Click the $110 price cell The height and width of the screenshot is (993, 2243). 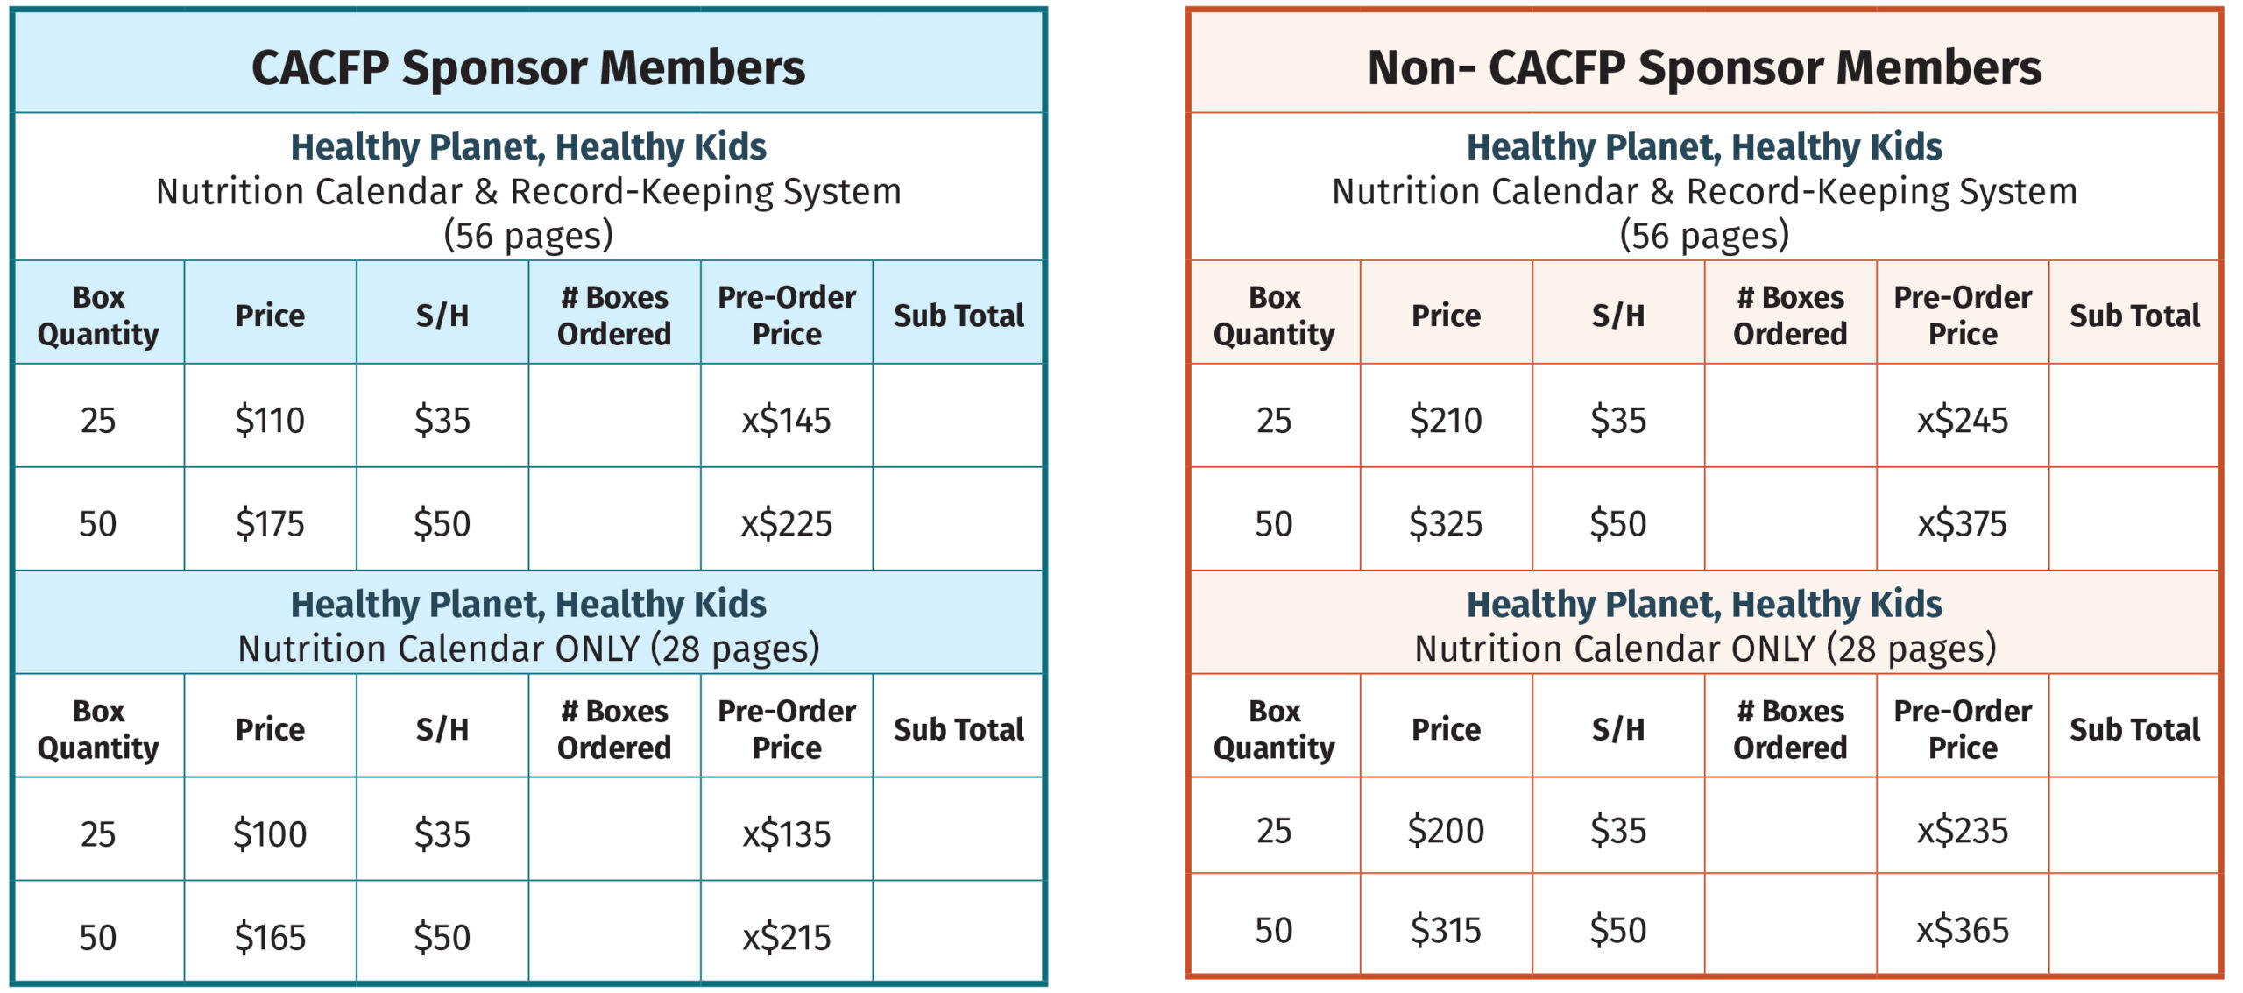click(x=270, y=421)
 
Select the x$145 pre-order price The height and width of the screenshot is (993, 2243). click(x=786, y=421)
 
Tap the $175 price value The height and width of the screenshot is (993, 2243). click(x=270, y=524)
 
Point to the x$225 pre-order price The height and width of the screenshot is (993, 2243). click(x=786, y=524)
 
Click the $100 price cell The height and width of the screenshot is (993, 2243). click(x=270, y=833)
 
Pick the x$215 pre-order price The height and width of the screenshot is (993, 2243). click(x=786, y=938)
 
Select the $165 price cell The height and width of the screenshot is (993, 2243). click(x=270, y=938)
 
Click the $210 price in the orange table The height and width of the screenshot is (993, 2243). click(x=1446, y=421)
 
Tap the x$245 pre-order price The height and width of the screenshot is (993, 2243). click(x=1962, y=421)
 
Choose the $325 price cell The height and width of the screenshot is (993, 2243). click(x=1446, y=524)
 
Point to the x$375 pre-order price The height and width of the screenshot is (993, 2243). click(x=1962, y=524)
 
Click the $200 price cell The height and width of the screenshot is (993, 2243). click(x=1446, y=830)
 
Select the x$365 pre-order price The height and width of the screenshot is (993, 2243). click(x=1962, y=930)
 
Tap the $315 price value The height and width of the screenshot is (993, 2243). click(x=1446, y=930)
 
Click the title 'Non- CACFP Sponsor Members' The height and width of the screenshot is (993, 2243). click(x=1704, y=67)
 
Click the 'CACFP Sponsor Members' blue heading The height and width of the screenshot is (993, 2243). click(x=528, y=67)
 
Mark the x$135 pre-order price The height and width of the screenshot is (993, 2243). click(x=786, y=833)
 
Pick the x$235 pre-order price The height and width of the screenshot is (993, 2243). click(x=1962, y=830)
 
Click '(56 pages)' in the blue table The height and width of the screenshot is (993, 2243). click(x=528, y=236)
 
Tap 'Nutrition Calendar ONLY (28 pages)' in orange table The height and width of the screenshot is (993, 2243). click(x=1704, y=649)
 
